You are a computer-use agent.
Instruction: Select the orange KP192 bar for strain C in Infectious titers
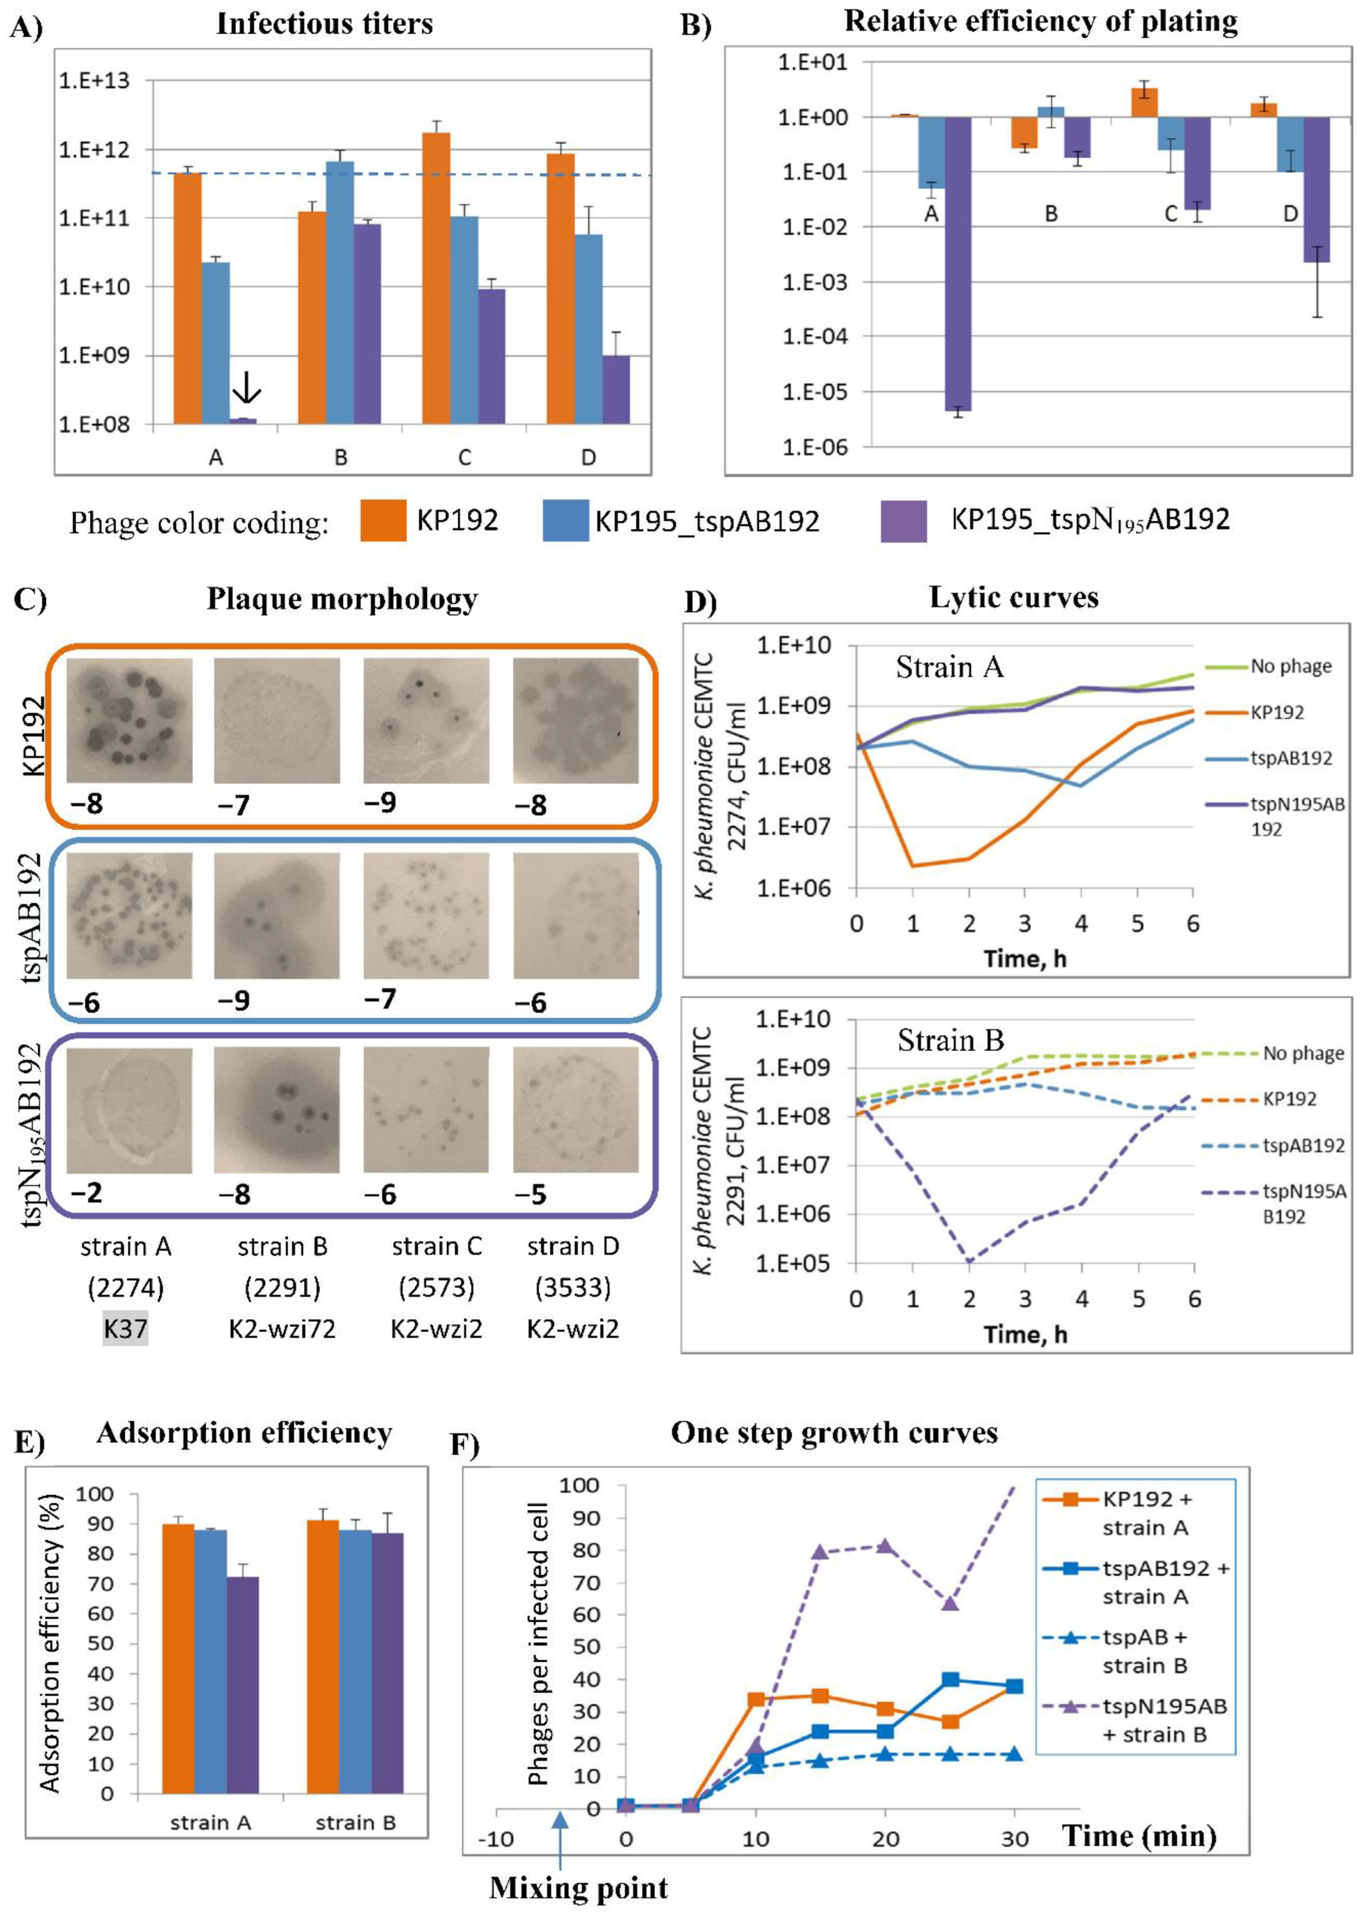436,277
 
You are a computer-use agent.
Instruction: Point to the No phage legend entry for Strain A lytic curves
1290,666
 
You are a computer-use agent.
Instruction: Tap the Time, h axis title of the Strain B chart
1025,1334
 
